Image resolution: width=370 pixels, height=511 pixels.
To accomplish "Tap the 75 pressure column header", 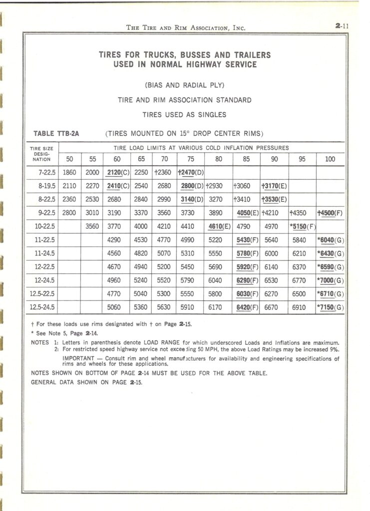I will coord(191,159).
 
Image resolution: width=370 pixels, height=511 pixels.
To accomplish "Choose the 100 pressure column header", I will coord(330,159).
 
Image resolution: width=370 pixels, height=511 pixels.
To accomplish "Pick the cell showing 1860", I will coord(69,173).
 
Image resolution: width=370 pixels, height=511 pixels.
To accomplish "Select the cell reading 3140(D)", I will coord(192,200).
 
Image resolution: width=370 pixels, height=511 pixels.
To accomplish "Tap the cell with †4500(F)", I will coord(331,213).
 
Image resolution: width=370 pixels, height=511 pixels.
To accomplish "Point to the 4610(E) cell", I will coord(219,227).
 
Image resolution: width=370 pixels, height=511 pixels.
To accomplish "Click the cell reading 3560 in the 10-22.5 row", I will coord(92,227).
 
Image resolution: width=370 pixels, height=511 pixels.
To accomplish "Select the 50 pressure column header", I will coord(69,159).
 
